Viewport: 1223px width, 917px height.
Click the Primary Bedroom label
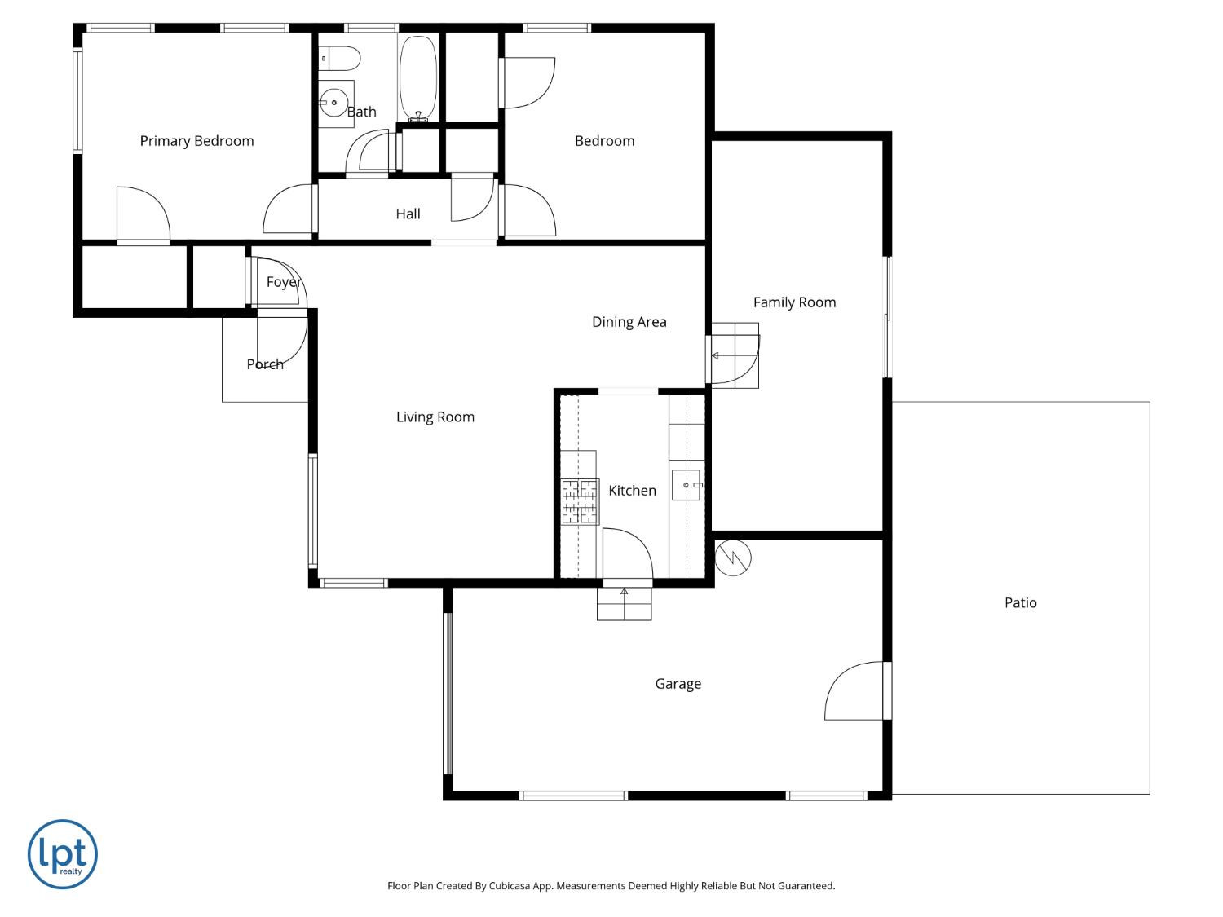point(196,141)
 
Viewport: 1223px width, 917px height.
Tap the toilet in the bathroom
point(340,59)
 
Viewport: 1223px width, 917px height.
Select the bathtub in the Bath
point(417,77)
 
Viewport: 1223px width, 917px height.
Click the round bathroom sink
point(333,104)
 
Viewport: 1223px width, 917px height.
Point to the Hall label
point(408,214)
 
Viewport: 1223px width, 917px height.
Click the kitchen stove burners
point(580,501)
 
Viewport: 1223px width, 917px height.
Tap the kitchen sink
point(686,485)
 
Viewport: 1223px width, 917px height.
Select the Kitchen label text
point(632,491)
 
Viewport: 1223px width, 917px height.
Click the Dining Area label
point(629,322)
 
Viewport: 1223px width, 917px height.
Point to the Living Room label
point(435,417)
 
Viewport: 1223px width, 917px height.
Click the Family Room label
point(794,302)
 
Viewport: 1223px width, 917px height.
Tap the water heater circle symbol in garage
point(733,558)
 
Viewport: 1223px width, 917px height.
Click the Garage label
point(678,684)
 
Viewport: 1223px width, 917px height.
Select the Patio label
point(1020,603)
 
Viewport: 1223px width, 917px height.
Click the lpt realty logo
point(63,854)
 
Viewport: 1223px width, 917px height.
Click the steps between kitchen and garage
point(625,603)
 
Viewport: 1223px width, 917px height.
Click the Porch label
point(265,364)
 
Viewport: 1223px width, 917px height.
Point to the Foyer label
point(284,282)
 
